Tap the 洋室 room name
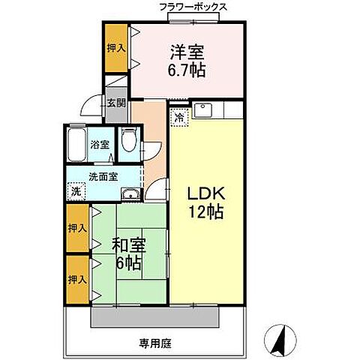[187, 53]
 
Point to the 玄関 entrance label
[115, 103]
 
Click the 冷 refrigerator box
[179, 116]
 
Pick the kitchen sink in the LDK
[203, 112]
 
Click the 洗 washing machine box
[75, 191]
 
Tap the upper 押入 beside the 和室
[77, 227]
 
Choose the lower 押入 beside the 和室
[77, 279]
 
